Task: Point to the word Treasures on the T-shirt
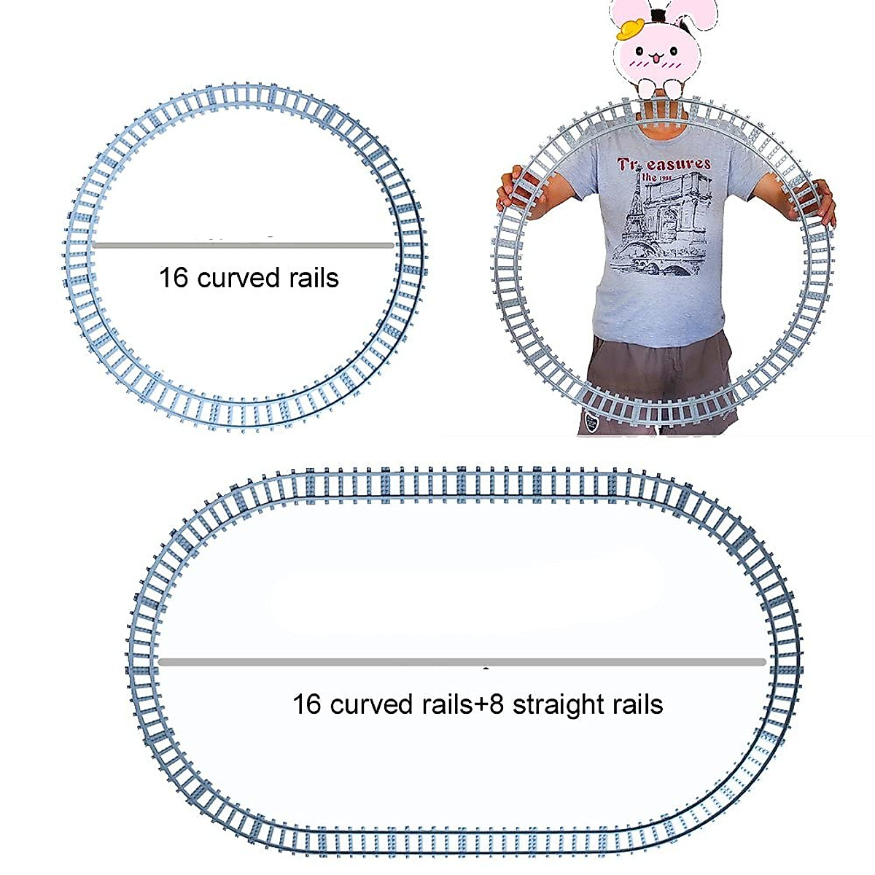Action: click(x=664, y=164)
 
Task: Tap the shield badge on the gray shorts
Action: click(x=592, y=423)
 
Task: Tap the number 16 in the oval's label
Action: click(x=307, y=705)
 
